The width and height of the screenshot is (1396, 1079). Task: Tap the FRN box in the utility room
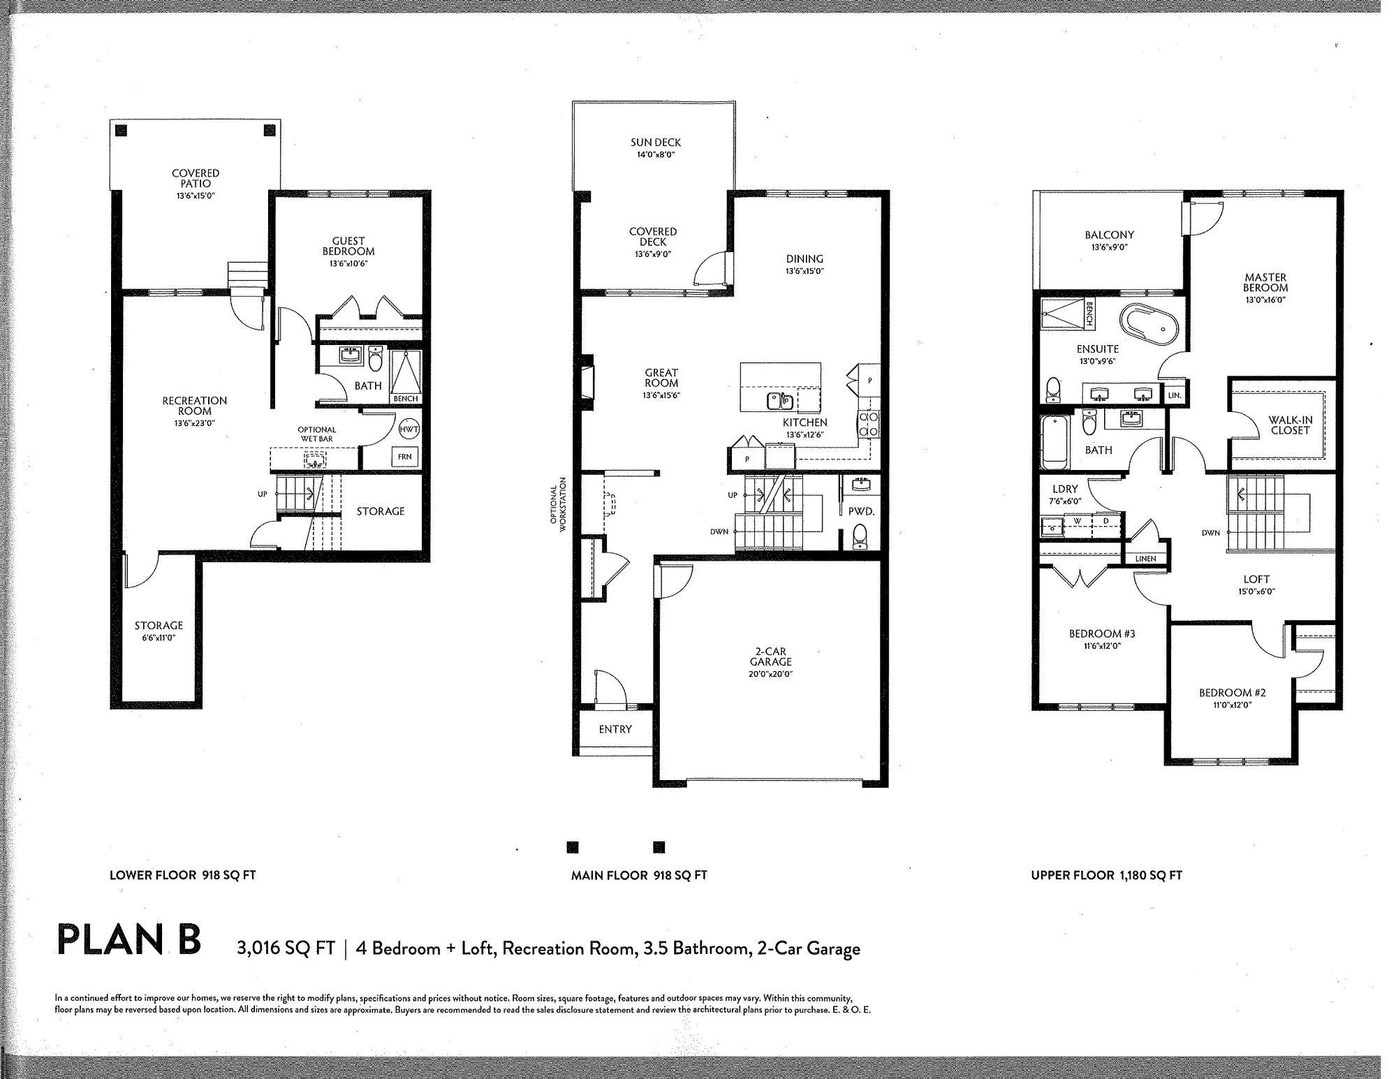404,457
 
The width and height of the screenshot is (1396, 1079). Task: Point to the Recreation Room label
195,406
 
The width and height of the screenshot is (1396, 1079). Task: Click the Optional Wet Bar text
316,434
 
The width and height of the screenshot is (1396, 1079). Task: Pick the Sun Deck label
655,142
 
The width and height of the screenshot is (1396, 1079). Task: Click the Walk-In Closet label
1290,425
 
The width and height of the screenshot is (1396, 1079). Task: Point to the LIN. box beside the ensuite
1175,395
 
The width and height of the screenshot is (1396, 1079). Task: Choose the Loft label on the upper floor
1256,579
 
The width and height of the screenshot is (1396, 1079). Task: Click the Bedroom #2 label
1233,693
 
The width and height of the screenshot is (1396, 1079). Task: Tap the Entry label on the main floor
615,729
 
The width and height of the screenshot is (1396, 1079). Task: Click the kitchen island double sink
778,401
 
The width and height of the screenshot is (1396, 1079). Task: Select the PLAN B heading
129,939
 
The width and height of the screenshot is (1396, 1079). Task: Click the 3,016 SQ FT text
286,948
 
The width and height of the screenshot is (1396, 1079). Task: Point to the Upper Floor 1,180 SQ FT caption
1107,875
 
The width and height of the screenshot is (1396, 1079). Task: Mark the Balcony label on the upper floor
1110,235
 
